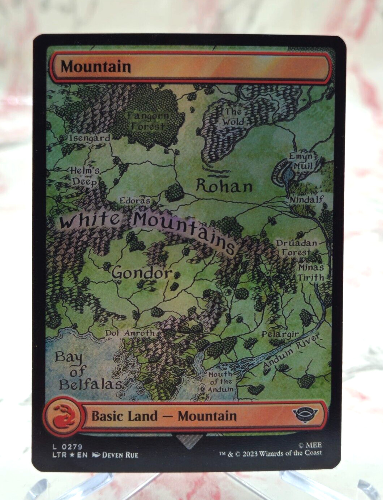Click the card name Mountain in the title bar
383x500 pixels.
click(x=95, y=67)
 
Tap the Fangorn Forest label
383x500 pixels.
click(x=148, y=121)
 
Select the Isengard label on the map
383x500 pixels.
click(x=89, y=138)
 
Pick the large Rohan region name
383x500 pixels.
click(x=224, y=186)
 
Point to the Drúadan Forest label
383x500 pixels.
click(x=296, y=248)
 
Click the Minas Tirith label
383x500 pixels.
click(x=311, y=272)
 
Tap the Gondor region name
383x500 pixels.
click(x=142, y=272)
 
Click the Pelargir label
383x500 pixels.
click(x=280, y=334)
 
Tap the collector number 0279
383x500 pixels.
click(x=72, y=447)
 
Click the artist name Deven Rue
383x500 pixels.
click(x=120, y=455)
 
